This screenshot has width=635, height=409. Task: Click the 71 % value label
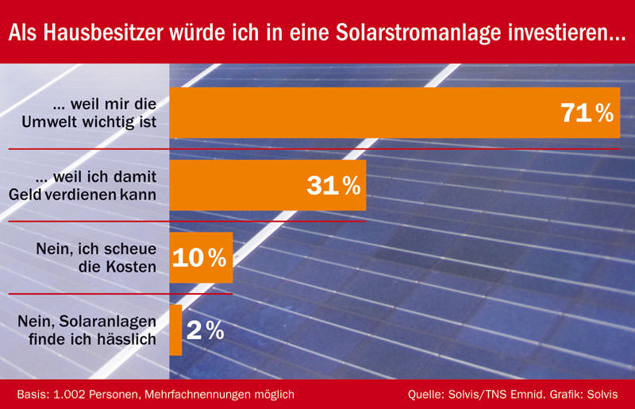[587, 113]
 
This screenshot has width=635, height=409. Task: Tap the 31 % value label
[333, 186]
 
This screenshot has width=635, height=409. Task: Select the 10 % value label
[199, 258]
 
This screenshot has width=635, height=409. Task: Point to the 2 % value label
[206, 330]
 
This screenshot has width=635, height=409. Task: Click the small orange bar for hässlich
[175, 330]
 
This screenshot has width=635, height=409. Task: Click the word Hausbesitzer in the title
[103, 33]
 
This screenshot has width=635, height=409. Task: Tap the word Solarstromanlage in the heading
[418, 33]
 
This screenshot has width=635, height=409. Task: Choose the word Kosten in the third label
[131, 267]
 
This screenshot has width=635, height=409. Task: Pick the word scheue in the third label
[131, 249]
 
